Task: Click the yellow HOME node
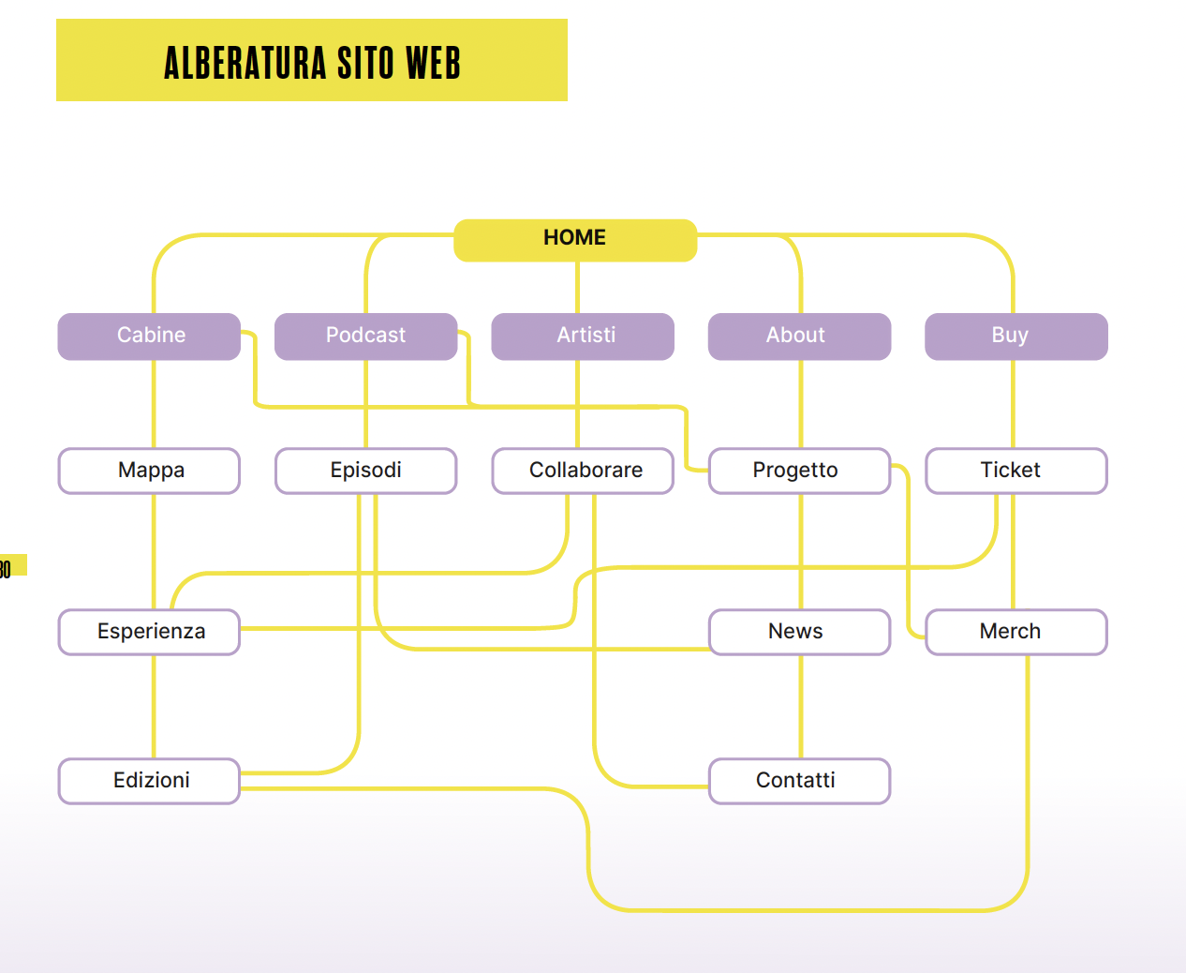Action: [x=575, y=239]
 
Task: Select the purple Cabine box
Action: [x=150, y=336]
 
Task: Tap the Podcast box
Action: [x=365, y=336]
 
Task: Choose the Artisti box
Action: [x=583, y=336]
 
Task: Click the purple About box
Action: [x=799, y=336]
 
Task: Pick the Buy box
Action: [x=1016, y=336]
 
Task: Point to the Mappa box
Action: [x=150, y=471]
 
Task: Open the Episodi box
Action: [x=365, y=471]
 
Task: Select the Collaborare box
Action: [x=583, y=471]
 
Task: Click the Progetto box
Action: [x=799, y=471]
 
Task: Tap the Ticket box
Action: [x=1016, y=471]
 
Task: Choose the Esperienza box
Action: [x=150, y=632]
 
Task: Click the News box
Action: [x=799, y=632]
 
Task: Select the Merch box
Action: [x=1016, y=632]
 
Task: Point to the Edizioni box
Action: [x=150, y=781]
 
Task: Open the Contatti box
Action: [x=799, y=781]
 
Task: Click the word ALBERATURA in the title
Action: [x=245, y=63]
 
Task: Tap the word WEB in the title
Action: [x=433, y=63]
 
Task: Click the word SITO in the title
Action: [x=365, y=63]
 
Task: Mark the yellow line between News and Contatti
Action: [x=801, y=706]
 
